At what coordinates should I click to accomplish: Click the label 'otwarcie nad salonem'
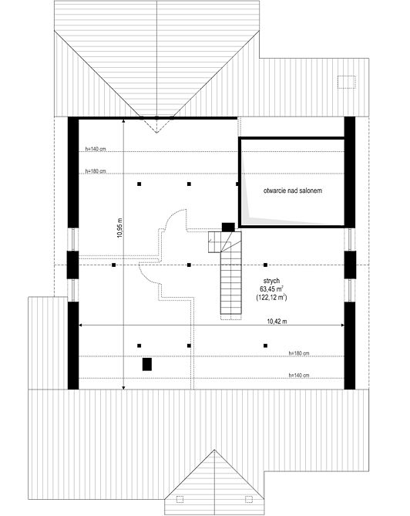[x=292, y=191]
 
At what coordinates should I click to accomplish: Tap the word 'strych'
[x=271, y=281]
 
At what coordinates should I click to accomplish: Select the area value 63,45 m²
[x=271, y=289]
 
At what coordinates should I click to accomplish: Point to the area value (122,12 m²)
[x=271, y=297]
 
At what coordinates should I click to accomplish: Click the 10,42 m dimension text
[x=277, y=322]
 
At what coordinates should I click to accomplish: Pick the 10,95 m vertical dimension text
[x=119, y=228]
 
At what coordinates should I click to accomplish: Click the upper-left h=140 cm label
[x=96, y=149]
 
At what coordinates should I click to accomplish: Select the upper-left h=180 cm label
[x=96, y=171]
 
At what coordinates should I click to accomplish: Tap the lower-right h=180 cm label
[x=299, y=353]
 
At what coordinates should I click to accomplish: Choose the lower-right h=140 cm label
[x=299, y=375]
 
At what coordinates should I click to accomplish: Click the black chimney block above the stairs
[x=228, y=227]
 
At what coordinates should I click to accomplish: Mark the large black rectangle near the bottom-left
[x=147, y=364]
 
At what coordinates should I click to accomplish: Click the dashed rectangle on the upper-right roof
[x=347, y=82]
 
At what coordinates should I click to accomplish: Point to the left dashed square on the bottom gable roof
[x=180, y=499]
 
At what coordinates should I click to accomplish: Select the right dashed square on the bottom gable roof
[x=249, y=499]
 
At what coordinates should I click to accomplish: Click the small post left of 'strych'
[x=265, y=265]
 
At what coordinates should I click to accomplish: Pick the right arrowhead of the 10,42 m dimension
[x=343, y=325]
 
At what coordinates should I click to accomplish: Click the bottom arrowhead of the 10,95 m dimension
[x=123, y=388]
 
